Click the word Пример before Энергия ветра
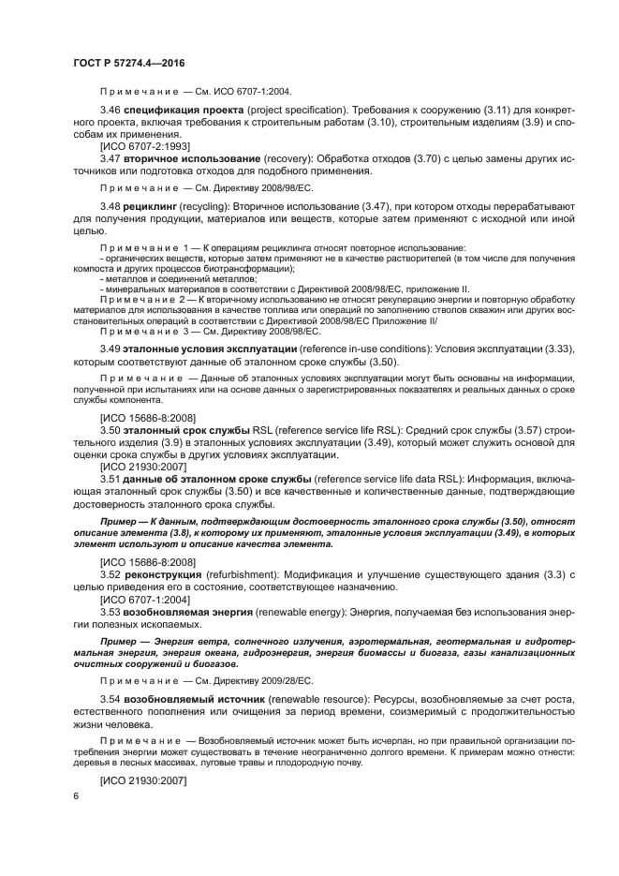tap(120, 641)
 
